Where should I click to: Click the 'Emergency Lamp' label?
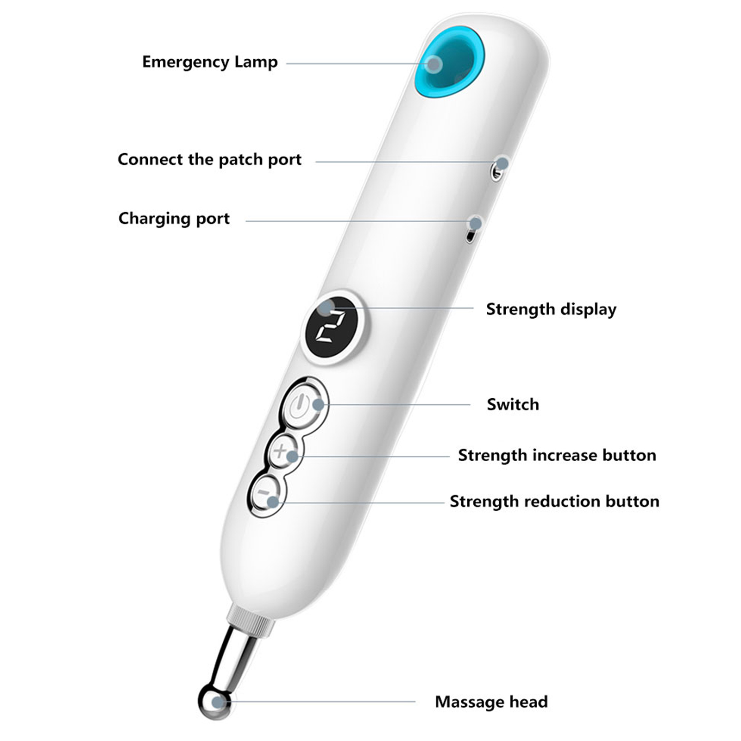(209, 62)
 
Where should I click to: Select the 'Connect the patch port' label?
(209, 160)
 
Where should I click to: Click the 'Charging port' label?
(174, 219)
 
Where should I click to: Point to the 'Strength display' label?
(551, 309)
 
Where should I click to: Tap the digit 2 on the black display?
(331, 327)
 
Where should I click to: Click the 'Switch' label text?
(513, 405)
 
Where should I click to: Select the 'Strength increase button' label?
(557, 455)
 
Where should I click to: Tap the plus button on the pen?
(281, 450)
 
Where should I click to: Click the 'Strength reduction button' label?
(554, 502)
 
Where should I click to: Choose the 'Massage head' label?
(491, 702)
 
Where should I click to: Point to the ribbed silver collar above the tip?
(251, 621)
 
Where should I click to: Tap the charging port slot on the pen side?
(470, 236)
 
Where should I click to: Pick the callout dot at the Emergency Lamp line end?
(434, 64)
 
